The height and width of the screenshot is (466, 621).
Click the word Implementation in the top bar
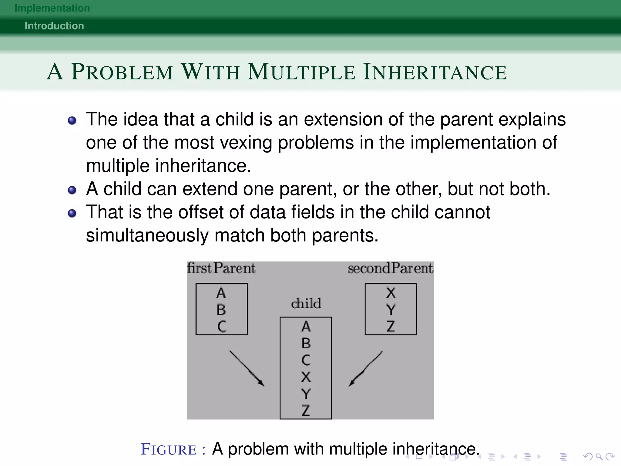tap(52, 8)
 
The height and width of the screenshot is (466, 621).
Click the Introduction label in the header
tap(54, 26)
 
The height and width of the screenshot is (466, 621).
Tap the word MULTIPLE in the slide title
tap(301, 72)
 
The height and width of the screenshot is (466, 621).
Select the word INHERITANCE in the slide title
tap(435, 72)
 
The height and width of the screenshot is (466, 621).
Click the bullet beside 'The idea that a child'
tap(72, 121)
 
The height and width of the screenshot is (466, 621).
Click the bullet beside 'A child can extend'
tap(72, 190)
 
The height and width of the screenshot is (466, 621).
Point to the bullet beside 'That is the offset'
tap(72, 213)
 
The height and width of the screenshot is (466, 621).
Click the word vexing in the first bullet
tap(246, 142)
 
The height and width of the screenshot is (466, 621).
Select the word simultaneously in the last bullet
tap(147, 235)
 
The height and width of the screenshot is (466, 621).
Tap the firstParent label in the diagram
tap(221, 268)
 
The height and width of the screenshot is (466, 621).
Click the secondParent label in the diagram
tap(390, 268)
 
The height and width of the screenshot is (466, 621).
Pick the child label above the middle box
tap(306, 303)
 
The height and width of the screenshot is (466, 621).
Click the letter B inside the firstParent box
tap(221, 310)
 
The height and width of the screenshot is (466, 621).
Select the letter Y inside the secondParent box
tap(391, 310)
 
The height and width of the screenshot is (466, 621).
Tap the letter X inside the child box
tap(306, 377)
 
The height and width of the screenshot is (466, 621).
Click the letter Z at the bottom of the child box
tap(306, 410)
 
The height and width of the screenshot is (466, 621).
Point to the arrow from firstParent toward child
tap(247, 368)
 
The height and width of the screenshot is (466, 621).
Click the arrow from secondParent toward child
tap(365, 368)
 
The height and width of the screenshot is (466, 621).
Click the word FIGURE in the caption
tap(169, 450)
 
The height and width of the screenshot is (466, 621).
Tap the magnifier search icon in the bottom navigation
tap(599, 456)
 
